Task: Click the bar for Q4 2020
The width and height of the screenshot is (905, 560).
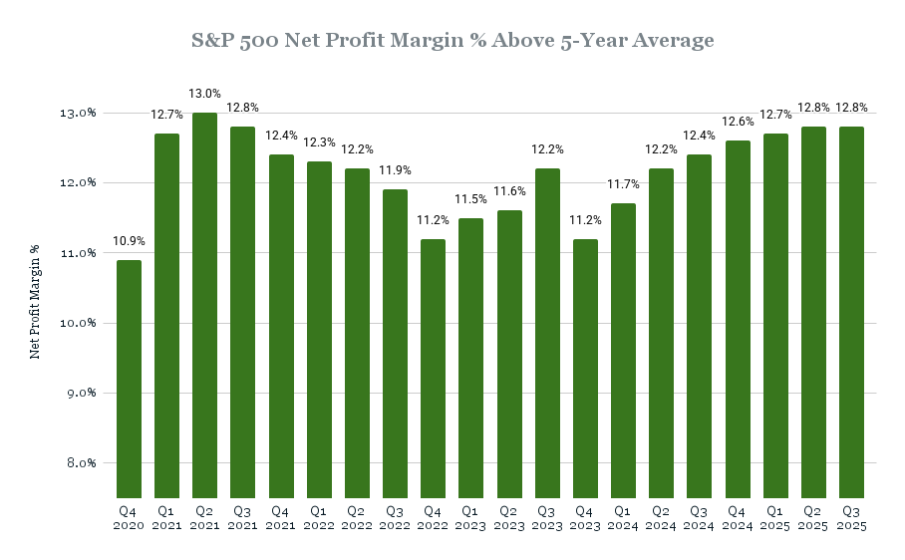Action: click(130, 379)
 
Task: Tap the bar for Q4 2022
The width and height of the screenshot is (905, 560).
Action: click(434, 369)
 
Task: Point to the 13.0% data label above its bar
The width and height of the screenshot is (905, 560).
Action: click(205, 95)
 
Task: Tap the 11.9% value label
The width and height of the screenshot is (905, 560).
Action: click(396, 171)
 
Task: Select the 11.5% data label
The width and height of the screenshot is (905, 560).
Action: click(471, 200)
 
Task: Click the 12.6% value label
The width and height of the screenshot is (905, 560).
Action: click(738, 123)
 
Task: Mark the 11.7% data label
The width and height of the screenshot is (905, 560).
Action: click(624, 186)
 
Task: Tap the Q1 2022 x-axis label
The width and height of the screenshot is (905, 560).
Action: click(320, 516)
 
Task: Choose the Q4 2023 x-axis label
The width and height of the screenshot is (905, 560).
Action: click(586, 516)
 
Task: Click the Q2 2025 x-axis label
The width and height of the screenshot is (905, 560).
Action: click(814, 516)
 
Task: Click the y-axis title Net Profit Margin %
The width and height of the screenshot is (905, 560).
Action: click(36, 301)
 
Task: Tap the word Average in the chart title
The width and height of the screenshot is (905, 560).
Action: click(670, 41)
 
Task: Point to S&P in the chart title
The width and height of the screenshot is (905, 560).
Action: click(210, 41)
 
